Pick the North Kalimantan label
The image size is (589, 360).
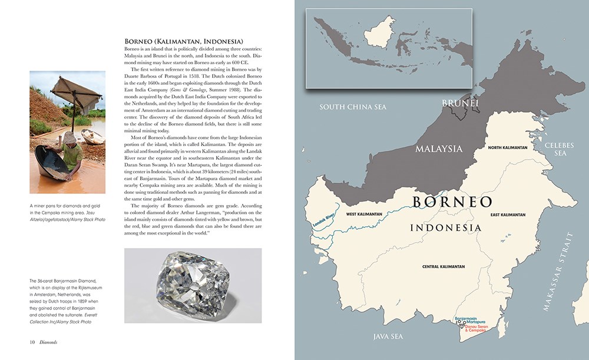coord(510,148)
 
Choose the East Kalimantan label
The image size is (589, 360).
coord(506,214)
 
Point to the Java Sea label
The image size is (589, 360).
coord(388,336)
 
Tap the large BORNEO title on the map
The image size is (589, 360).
coord(452,202)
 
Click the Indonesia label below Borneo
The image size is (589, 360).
coord(445,227)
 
